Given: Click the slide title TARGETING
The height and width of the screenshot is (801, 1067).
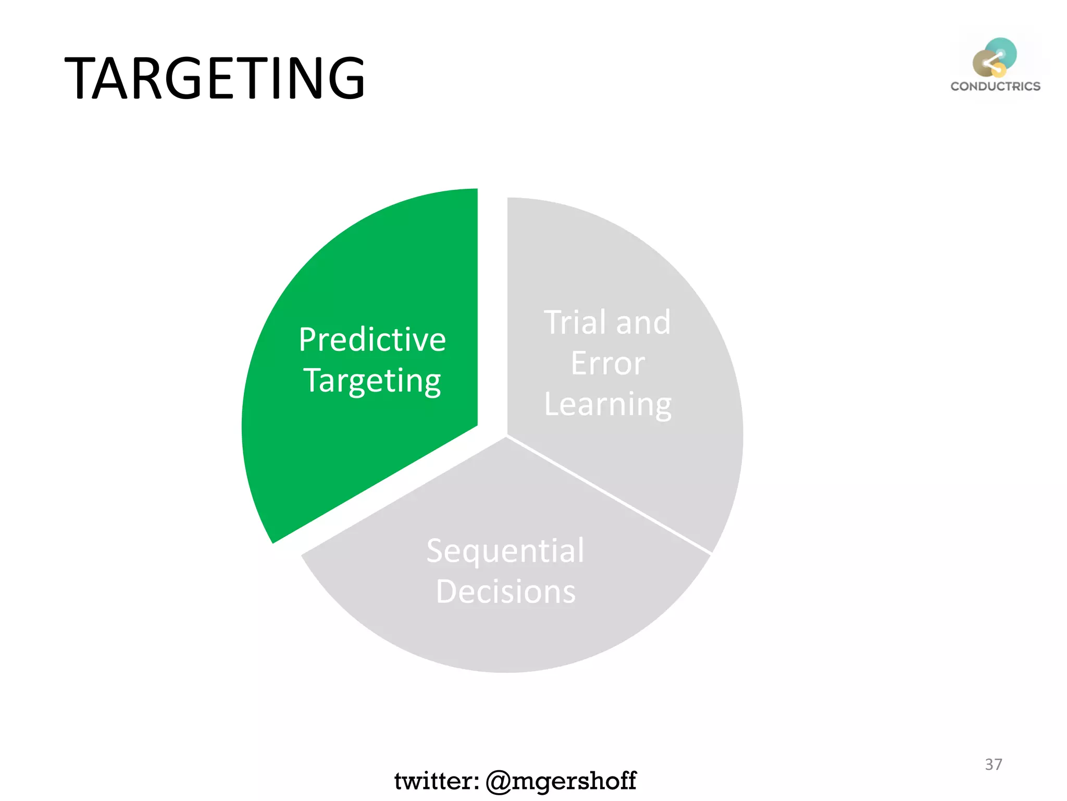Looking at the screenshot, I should [214, 78].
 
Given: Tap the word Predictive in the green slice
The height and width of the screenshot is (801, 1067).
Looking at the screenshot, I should [372, 339].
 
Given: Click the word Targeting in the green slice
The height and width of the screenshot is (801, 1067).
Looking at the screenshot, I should [372, 381].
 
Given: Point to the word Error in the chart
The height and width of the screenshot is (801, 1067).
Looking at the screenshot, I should [607, 363].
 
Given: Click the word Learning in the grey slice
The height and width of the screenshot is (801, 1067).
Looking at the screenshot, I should [607, 404].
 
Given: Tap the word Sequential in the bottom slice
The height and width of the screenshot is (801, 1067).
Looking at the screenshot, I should [505, 551].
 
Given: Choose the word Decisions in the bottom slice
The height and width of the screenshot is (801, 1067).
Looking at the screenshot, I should [505, 592].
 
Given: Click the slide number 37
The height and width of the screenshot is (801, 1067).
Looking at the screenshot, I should [993, 764].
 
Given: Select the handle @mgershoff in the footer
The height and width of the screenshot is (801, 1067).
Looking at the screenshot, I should [561, 781].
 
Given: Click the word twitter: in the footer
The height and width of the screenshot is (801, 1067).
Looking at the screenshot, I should [437, 781].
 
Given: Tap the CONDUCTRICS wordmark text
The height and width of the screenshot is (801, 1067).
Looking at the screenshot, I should [995, 87].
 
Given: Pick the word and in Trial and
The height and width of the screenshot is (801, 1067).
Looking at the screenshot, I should [643, 322].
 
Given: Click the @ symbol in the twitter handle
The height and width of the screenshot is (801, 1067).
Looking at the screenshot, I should [499, 781].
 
